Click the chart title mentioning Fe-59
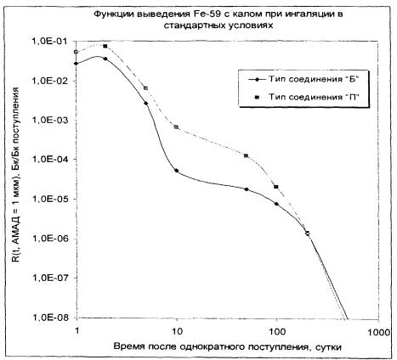(218, 20)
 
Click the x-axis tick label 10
(177, 330)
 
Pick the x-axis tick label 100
(276, 330)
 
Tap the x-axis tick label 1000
(379, 331)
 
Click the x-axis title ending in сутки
(228, 346)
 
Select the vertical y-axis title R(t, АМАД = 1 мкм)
(16, 175)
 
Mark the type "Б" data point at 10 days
(177, 171)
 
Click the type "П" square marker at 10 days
(176, 127)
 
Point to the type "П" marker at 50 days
(247, 156)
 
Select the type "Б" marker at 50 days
(247, 189)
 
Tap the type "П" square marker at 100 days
(276, 187)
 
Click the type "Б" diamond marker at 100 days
(276, 204)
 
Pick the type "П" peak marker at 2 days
(105, 46)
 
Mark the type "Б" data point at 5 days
(146, 103)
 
